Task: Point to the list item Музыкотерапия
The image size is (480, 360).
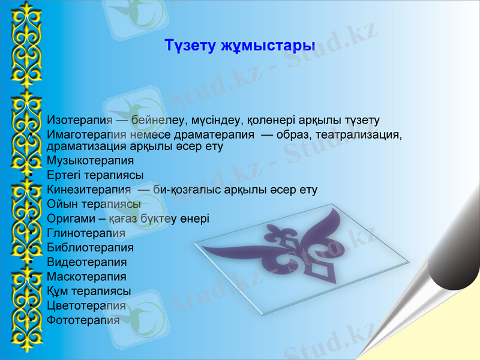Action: coord(90,161)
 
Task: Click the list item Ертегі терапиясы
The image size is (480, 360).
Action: coord(95,175)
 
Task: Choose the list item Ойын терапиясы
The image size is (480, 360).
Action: coord(94,204)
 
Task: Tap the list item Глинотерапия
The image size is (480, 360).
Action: coord(86,233)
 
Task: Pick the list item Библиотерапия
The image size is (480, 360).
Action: coord(90,247)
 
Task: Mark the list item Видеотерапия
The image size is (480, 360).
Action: coord(86,262)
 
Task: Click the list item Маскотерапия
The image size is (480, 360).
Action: coord(86,277)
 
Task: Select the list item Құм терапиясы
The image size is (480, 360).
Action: coord(88,291)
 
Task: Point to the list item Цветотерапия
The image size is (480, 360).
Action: coord(86,305)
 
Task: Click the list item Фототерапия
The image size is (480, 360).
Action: coord(83,320)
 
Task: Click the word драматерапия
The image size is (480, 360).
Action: coord(222,134)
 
